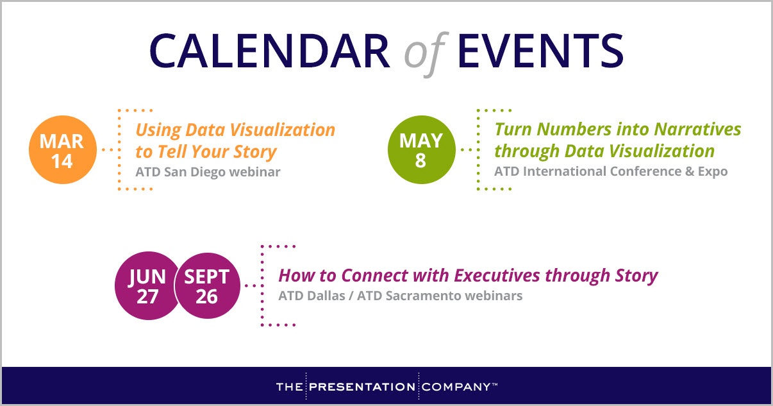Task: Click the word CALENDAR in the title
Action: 270,51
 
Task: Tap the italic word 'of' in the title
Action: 424,54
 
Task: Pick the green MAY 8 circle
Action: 420,150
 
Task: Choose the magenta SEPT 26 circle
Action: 207,285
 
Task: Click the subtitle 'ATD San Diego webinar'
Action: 208,172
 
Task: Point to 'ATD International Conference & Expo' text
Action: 611,171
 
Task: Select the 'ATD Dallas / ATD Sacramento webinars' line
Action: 401,296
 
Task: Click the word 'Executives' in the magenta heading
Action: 497,276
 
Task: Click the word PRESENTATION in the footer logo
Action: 362,387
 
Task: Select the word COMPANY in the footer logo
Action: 456,387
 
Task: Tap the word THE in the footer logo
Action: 290,387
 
